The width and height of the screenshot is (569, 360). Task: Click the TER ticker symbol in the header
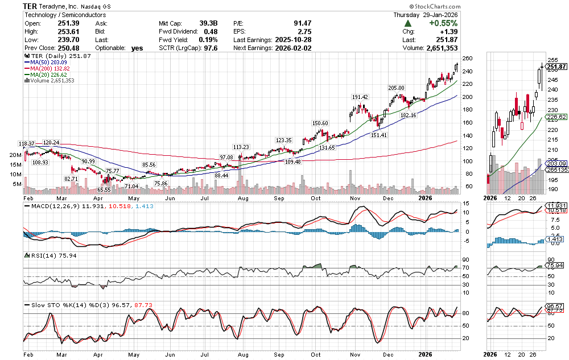pos(31,6)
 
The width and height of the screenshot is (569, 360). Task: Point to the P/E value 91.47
pos(300,23)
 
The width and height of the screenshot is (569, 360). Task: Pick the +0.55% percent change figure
pos(442,23)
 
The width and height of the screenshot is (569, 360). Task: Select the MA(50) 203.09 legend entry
pos(51,62)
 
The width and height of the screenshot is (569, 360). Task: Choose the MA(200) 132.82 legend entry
pos(52,68)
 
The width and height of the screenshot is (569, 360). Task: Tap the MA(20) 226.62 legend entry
pos(51,75)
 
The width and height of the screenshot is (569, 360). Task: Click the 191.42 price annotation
pos(361,97)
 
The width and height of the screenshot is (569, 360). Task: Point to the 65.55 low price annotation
pos(103,189)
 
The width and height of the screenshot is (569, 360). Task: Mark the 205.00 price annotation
pos(396,88)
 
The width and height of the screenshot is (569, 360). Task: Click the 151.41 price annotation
pos(378,135)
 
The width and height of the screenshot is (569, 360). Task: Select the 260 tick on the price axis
pos(467,59)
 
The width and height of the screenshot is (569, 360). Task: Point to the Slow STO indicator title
pos(40,305)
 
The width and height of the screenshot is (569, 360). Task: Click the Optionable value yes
pos(137,48)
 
